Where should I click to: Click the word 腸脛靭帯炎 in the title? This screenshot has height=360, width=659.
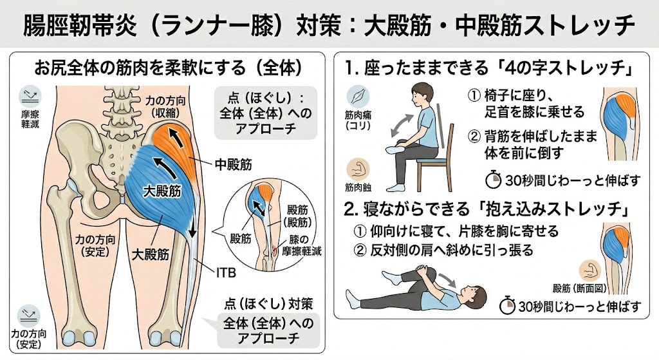pyautogui.click(x=79, y=25)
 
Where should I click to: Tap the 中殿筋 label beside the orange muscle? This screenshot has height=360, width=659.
pyautogui.click(x=233, y=164)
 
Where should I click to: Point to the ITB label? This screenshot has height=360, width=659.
pyautogui.click(x=226, y=272)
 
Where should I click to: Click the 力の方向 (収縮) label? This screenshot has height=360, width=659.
pyautogui.click(x=165, y=108)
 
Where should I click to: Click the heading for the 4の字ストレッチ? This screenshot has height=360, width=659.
pyautogui.click(x=489, y=68)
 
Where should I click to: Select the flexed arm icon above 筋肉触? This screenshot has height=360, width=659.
pyautogui.click(x=358, y=169)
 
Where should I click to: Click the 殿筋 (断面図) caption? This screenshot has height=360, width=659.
pyautogui.click(x=580, y=288)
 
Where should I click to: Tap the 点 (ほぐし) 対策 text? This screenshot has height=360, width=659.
pyautogui.click(x=268, y=303)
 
